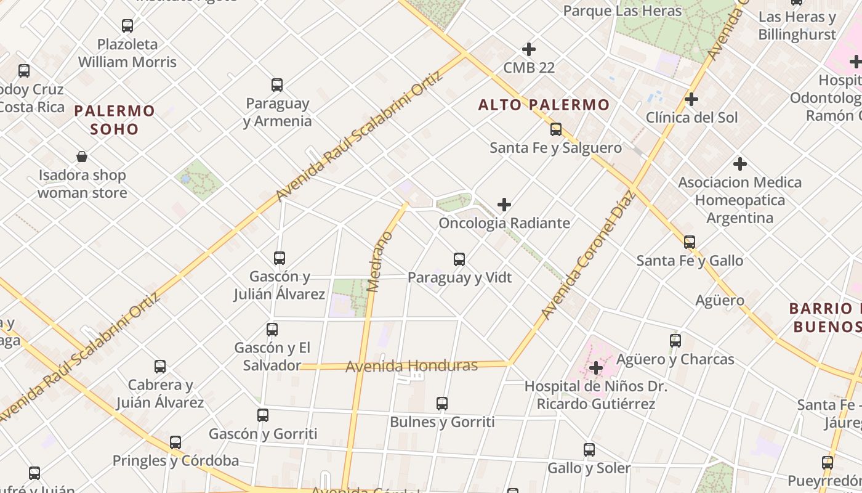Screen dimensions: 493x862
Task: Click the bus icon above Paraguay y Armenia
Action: click(x=277, y=85)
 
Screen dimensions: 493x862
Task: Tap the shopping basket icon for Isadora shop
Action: click(x=82, y=157)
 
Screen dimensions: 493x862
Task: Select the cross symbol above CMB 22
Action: click(x=528, y=49)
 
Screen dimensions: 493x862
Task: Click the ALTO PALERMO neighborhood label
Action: click(x=544, y=105)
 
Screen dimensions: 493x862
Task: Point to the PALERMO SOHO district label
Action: click(x=115, y=120)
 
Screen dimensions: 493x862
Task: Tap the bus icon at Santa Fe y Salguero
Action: click(x=556, y=129)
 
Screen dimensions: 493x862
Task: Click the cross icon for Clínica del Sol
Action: click(x=691, y=99)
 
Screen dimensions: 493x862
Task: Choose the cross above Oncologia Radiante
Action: click(x=504, y=205)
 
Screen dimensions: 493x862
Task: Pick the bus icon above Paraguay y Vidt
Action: click(x=459, y=259)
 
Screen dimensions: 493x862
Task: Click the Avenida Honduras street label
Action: click(x=411, y=366)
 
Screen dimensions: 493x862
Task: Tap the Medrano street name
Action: click(x=379, y=261)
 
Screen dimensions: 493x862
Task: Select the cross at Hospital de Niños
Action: click(x=595, y=369)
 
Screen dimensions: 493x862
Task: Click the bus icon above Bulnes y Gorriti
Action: click(x=442, y=404)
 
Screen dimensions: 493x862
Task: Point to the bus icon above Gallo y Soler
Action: click(x=589, y=450)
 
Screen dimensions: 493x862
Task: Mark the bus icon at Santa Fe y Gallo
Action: click(x=690, y=242)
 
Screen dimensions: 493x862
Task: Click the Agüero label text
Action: click(x=720, y=301)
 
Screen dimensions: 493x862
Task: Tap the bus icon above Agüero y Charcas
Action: click(x=675, y=341)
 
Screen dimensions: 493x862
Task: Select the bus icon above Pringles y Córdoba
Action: click(x=175, y=442)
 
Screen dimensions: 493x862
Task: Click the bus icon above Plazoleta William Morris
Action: click(x=127, y=26)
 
